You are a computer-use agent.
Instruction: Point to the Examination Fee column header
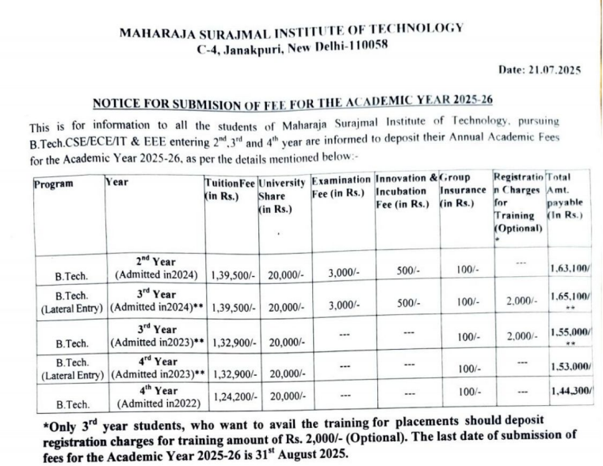[341, 186]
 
